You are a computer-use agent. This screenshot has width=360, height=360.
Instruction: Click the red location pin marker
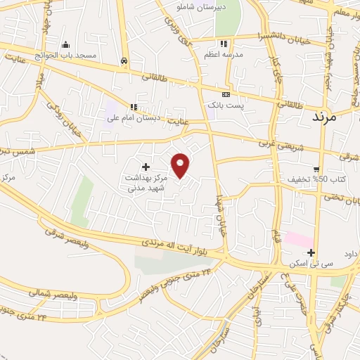point(181,165)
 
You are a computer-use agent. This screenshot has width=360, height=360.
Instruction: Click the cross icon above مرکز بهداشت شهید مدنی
point(146,167)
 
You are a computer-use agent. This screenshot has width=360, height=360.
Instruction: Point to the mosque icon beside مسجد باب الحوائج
point(65,45)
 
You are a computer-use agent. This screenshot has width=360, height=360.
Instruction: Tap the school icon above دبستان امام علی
point(132,107)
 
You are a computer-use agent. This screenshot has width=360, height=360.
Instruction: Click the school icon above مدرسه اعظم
point(224,44)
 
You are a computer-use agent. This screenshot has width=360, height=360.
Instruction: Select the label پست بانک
point(225,105)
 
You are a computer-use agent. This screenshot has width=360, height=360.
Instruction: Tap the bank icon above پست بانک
point(225,94)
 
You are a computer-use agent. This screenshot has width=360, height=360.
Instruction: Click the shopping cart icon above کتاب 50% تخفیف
point(317,169)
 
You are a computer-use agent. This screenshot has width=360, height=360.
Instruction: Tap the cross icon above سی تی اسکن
point(311,252)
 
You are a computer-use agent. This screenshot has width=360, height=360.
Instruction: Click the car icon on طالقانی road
point(124,61)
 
